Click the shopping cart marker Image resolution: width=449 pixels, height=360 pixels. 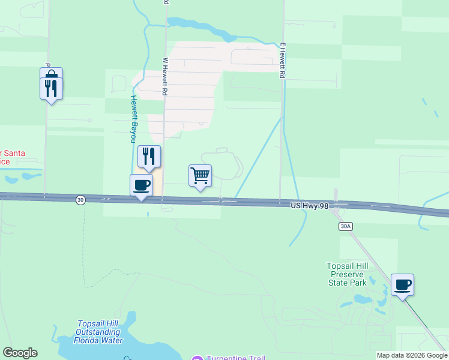(200, 176)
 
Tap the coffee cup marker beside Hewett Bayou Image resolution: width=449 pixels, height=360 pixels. (142, 185)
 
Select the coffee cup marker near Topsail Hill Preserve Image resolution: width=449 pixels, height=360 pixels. (402, 284)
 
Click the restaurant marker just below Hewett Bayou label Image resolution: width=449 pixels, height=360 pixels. (148, 157)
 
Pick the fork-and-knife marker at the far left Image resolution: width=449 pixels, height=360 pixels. (51, 88)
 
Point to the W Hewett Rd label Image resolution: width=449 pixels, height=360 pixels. (164, 77)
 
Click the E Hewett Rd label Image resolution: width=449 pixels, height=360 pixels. (282, 61)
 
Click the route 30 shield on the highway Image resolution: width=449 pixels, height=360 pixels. (80, 199)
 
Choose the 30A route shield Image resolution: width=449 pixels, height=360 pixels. (345, 226)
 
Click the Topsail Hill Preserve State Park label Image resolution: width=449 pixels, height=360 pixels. (354, 274)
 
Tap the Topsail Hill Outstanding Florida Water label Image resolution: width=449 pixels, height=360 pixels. (100, 332)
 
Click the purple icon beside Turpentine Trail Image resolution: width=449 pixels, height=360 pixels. (197, 358)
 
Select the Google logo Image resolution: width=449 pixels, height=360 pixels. (20, 353)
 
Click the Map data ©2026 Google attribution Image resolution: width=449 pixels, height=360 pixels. (412, 355)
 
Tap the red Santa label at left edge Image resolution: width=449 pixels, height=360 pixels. (12, 157)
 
